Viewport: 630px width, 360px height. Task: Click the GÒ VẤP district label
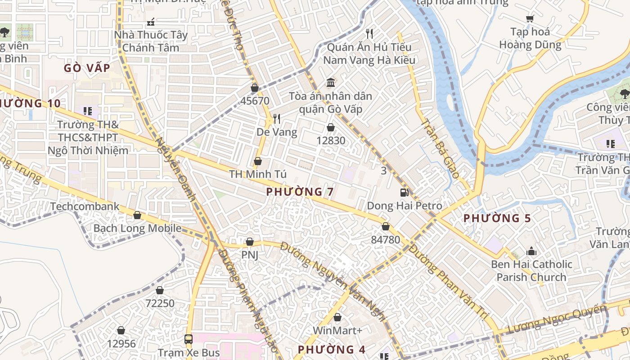[x=87, y=68]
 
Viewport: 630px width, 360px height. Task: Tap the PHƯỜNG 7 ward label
[x=300, y=192]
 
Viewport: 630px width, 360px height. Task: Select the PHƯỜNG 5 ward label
[x=497, y=218]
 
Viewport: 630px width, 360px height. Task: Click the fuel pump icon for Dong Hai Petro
[x=405, y=193]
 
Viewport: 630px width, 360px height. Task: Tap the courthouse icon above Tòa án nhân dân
[x=331, y=82]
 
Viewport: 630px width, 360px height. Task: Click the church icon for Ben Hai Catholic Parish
[x=531, y=251]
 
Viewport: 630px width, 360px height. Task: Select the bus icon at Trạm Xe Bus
[x=189, y=339]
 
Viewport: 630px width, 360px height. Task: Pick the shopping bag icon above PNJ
[x=249, y=242]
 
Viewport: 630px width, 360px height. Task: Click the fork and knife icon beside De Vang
[x=277, y=119]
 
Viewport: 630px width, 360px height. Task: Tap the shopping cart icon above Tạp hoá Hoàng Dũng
[x=530, y=18]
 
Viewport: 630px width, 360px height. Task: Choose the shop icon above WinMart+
[x=337, y=317]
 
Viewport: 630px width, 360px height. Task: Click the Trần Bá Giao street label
[x=440, y=148]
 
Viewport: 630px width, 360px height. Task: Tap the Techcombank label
[x=85, y=207]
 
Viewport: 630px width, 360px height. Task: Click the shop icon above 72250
[x=159, y=290]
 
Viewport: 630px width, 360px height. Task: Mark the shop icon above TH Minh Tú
[x=258, y=161]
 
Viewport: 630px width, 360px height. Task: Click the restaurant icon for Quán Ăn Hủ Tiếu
[x=369, y=34]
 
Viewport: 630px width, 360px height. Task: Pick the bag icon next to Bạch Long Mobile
[x=137, y=216]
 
